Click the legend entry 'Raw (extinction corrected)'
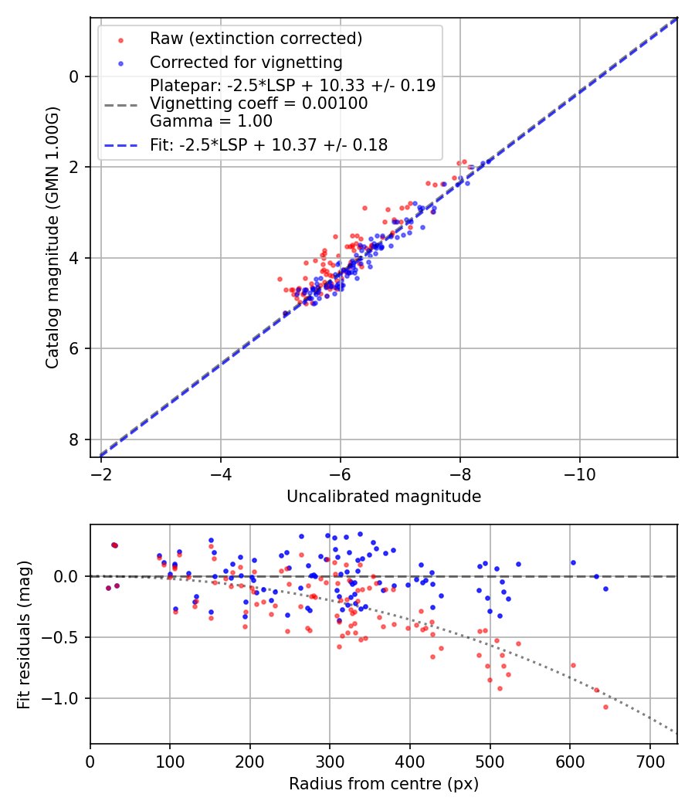tap(256, 39)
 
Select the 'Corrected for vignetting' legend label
tap(246, 62)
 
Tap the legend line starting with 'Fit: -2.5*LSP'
tap(269, 144)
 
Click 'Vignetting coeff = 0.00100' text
tap(259, 103)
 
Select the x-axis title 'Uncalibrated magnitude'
tap(384, 497)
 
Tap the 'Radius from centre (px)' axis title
tap(384, 784)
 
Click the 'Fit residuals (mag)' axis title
tap(23, 635)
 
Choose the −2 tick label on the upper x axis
tap(101, 473)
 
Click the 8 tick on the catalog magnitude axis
tap(74, 439)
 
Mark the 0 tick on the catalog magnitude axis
tap(74, 76)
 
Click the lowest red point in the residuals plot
tap(605, 707)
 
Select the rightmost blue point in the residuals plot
tap(605, 589)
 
